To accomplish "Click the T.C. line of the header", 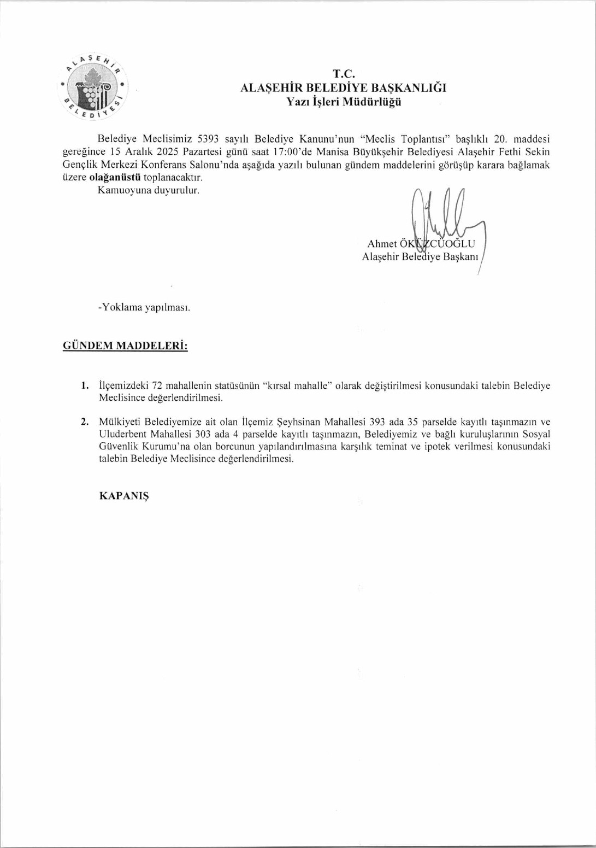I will tap(344, 74).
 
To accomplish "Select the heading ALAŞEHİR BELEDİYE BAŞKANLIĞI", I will tap(344, 88).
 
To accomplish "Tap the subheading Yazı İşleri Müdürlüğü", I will tap(344, 102).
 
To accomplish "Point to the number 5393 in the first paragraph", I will tap(208, 139).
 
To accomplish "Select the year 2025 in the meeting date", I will tap(168, 152).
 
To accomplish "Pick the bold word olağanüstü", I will tap(115, 178).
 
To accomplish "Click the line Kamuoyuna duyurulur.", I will tap(148, 190).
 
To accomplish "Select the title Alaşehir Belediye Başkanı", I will tap(420, 256).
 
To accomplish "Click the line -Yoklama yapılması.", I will tap(144, 307).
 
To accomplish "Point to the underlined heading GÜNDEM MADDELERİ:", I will tap(125, 346).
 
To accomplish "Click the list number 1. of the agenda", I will tap(85, 385).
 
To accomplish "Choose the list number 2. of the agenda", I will tap(85, 422).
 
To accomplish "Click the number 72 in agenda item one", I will tap(157, 385).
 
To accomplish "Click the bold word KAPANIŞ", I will tap(124, 496).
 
